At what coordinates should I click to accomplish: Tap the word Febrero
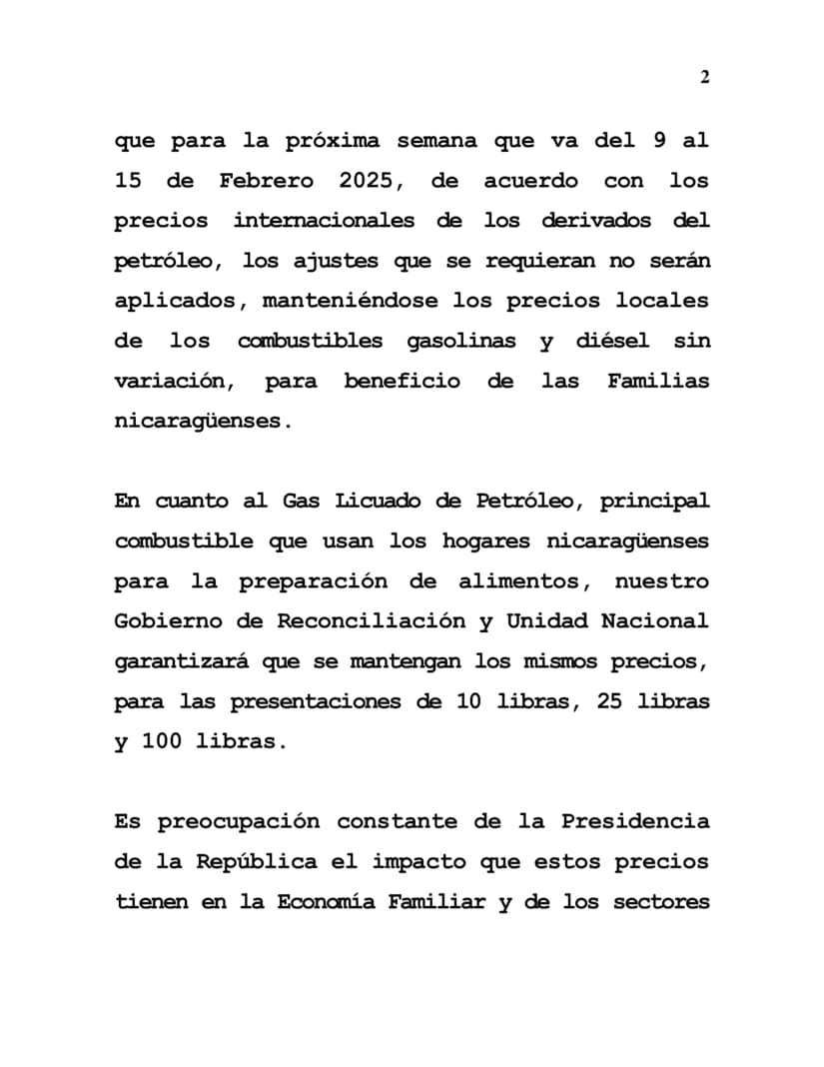pos(268,181)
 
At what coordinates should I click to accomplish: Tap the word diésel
pos(612,341)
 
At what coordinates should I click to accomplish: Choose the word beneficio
pos(402,381)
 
